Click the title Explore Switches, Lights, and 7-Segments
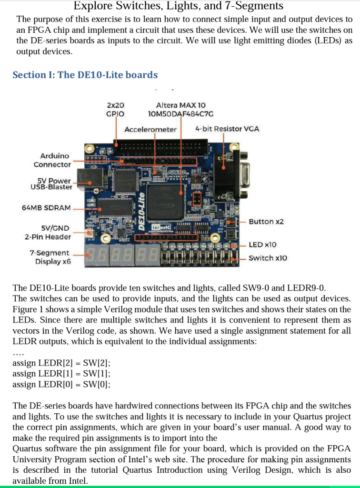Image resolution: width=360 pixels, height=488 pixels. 179,6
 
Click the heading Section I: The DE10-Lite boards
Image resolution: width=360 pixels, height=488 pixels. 85,75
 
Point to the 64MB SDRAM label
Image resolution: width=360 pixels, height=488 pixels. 46,208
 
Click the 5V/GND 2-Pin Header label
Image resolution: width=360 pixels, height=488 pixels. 48,232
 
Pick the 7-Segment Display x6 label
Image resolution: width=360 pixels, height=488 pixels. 50,257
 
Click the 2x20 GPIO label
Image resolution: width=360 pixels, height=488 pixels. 115,109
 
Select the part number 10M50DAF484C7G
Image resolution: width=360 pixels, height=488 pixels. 180,113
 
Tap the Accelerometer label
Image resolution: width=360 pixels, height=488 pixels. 150,129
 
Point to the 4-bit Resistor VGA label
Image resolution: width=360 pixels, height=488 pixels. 227,129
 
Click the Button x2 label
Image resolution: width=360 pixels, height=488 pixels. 266,222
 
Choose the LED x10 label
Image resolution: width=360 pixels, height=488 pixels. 262,244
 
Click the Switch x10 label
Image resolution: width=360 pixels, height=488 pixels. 268,258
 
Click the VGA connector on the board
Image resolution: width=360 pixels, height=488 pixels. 232,175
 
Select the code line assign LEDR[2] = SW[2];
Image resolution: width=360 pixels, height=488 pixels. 61,364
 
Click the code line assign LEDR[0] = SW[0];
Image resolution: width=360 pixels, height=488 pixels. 61,385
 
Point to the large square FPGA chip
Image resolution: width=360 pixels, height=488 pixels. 164,201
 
